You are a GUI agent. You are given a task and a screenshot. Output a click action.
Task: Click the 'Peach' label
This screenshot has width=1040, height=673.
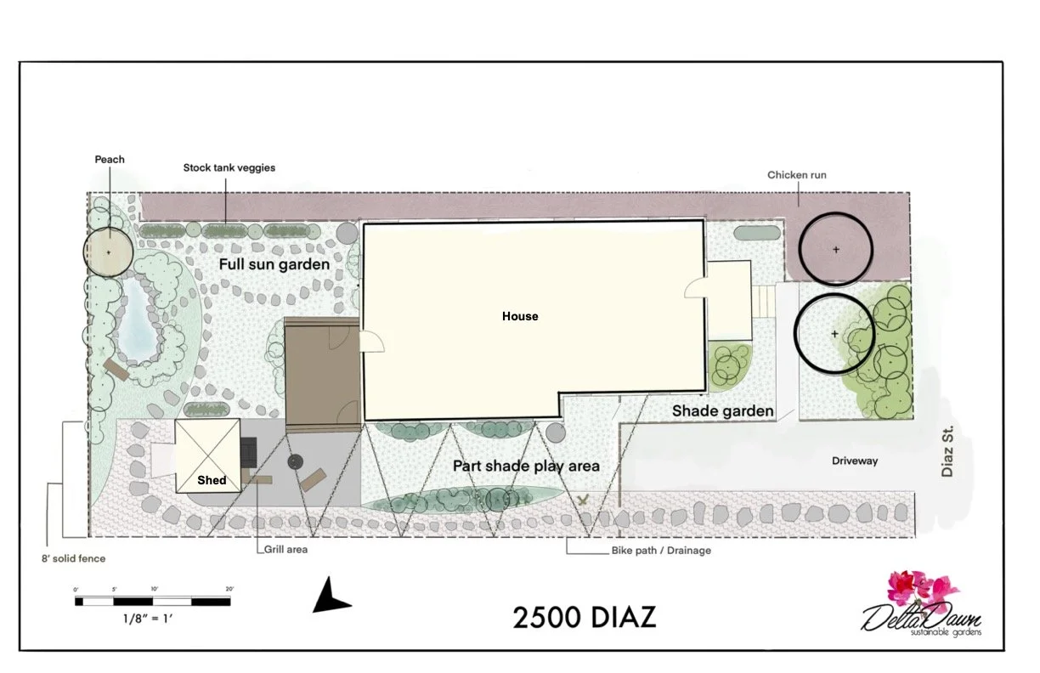[110, 160]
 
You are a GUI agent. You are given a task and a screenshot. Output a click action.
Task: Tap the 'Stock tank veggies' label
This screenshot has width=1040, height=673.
[229, 168]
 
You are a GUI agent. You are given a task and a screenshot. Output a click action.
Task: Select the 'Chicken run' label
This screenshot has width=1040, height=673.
[796, 176]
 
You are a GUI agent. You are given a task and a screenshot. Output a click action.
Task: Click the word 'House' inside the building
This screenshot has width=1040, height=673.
[520, 316]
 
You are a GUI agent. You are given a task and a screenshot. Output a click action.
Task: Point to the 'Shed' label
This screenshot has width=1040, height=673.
[212, 480]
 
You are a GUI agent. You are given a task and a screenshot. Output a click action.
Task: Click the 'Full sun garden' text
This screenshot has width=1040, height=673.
[274, 264]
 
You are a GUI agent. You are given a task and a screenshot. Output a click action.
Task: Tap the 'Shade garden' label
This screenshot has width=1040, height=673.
[722, 411]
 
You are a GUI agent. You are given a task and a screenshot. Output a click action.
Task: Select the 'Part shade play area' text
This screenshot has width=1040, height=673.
[526, 466]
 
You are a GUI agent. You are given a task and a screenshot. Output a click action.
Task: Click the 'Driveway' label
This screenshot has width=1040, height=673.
[855, 461]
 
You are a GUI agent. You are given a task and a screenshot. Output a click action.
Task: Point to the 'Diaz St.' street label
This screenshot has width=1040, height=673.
[948, 450]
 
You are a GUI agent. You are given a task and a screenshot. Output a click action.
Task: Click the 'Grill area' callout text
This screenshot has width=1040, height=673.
[285, 550]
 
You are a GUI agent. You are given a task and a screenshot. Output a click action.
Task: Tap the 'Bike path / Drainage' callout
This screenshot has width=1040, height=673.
[661, 551]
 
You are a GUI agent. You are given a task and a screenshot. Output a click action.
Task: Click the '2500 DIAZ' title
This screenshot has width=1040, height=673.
[585, 617]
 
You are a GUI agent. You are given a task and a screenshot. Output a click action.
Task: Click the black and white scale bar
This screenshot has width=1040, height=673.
[153, 601]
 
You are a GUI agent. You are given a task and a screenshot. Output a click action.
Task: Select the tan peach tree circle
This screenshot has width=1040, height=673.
[109, 252]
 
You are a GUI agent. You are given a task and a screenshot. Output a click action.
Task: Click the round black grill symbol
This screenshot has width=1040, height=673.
[295, 462]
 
